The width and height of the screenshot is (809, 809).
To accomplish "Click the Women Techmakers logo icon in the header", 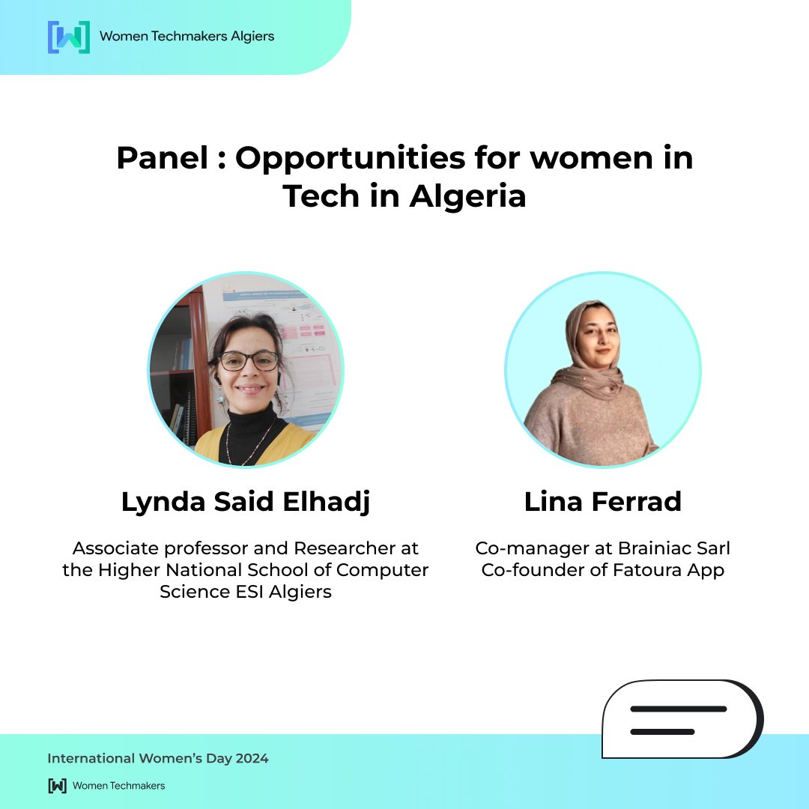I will pos(68,37).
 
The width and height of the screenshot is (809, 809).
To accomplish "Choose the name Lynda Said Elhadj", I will pos(246,503).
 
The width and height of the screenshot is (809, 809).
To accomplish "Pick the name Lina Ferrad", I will pos(603,503).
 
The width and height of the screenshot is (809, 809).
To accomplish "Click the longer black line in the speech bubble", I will pos(678,709).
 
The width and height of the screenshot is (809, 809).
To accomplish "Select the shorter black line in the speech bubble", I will pos(662,731).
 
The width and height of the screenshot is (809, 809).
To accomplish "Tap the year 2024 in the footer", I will pos(250,759).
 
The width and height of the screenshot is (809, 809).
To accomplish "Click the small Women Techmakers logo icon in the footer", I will pos(57,786).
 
